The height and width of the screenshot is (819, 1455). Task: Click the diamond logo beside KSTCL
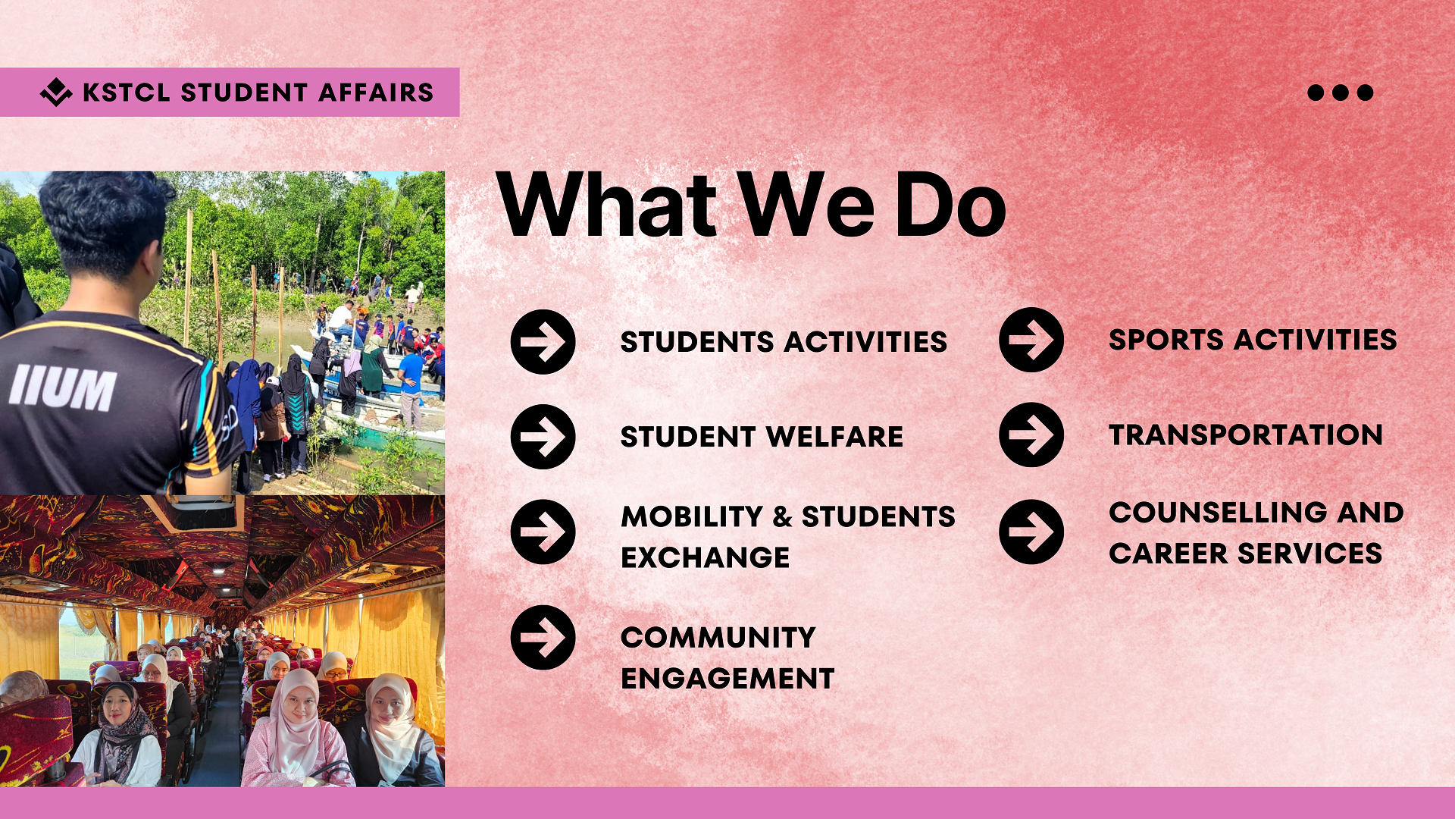click(56, 92)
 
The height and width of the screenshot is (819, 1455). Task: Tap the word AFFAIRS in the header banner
click(376, 93)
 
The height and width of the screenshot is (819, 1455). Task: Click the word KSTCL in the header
click(126, 93)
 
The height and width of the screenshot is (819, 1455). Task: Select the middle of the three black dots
click(1341, 93)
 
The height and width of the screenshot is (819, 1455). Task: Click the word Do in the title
click(950, 204)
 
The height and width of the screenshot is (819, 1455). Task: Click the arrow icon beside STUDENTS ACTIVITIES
click(543, 342)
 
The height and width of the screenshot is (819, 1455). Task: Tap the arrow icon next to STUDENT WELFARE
click(543, 437)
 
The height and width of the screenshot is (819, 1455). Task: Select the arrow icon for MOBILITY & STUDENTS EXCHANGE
click(543, 532)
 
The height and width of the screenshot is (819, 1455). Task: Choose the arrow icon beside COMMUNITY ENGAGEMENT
click(543, 637)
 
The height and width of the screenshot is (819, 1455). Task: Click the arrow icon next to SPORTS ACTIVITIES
click(1031, 340)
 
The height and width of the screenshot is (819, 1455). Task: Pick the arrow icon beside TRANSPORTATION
click(1031, 435)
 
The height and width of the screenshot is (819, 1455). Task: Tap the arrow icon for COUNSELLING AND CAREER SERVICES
click(1031, 532)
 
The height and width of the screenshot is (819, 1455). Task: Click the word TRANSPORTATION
click(1246, 435)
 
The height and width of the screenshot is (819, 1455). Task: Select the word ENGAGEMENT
click(727, 679)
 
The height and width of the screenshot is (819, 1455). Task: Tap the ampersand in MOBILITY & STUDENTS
click(782, 517)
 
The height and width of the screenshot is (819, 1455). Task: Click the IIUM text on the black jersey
click(63, 388)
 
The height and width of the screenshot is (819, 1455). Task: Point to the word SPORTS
click(1166, 340)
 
